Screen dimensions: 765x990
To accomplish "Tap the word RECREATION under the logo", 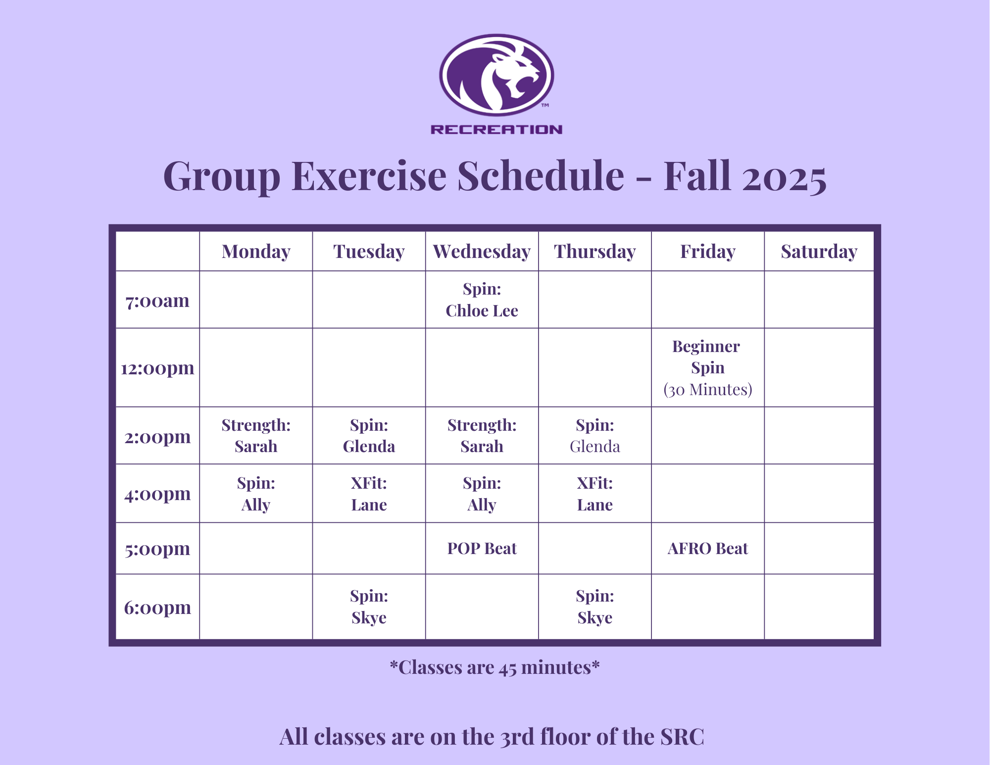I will point(496,130).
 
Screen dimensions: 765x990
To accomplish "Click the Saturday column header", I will point(819,252).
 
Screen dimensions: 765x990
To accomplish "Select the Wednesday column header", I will point(482,252).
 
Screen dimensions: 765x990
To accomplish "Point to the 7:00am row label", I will point(157,301).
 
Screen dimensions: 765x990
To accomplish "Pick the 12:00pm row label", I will point(157,368).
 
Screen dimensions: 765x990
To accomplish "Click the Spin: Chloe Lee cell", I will point(482,300).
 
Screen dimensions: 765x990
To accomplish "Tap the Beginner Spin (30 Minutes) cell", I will point(707,368).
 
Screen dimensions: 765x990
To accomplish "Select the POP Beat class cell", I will point(482,549).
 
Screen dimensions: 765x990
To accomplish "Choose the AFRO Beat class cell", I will point(707,549).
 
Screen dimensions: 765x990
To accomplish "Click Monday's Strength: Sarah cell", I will point(256,436).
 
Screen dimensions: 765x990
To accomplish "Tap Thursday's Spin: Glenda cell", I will point(594,436).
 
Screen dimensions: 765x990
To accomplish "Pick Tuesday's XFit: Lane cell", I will point(369,494).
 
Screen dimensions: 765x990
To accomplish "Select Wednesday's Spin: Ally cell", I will point(482,494).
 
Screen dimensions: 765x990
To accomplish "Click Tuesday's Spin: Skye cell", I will point(369,607).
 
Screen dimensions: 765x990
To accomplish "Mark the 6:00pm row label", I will point(157,608).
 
